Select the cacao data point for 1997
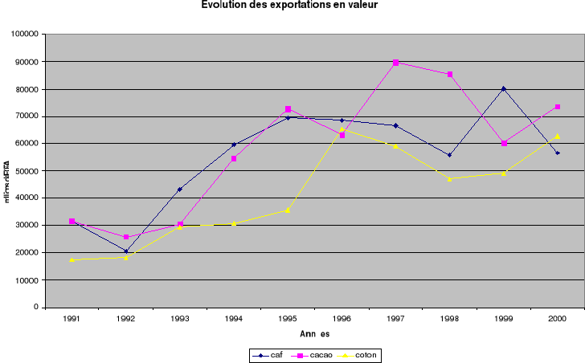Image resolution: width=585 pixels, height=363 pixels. [x=395, y=62]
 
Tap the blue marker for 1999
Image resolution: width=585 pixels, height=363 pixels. [x=503, y=88]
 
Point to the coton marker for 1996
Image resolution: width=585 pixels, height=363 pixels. [x=342, y=129]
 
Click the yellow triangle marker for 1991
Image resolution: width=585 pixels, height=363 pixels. [x=72, y=259]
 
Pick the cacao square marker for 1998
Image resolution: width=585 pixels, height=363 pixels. [x=450, y=74]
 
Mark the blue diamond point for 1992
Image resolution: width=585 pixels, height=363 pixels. [x=126, y=251]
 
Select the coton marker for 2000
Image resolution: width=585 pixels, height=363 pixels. [x=557, y=136]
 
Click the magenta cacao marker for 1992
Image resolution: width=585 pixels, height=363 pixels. [x=126, y=237]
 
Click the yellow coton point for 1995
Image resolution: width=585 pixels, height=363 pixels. [x=288, y=210]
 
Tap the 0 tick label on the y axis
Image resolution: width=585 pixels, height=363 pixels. [x=37, y=308]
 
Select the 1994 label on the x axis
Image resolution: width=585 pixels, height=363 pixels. [x=234, y=319]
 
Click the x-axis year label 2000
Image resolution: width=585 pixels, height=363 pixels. [x=557, y=319]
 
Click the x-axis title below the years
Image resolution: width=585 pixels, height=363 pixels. [x=314, y=334]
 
